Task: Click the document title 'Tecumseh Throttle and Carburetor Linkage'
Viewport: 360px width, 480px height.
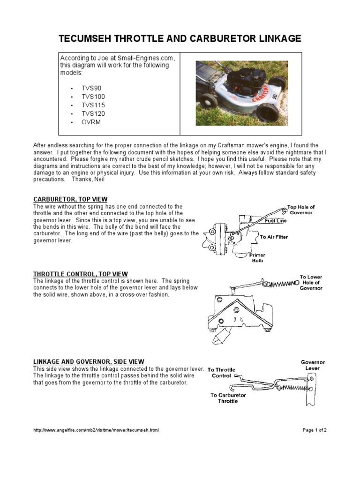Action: pyautogui.click(x=180, y=38)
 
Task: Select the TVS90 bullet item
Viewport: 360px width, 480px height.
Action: pyautogui.click(x=91, y=88)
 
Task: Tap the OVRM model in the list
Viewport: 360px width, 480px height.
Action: pyautogui.click(x=91, y=122)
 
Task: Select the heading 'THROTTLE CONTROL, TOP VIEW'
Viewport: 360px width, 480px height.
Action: pyautogui.click(x=80, y=274)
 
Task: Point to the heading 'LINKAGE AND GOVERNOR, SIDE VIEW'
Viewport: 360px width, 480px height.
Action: pyautogui.click(x=89, y=361)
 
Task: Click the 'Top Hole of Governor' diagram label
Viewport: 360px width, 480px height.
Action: pyautogui.click(x=301, y=210)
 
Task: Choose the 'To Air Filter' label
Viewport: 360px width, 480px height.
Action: pyautogui.click(x=274, y=237)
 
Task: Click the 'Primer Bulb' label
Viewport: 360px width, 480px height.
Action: pyautogui.click(x=258, y=257)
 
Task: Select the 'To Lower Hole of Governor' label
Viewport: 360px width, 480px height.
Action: pyautogui.click(x=311, y=283)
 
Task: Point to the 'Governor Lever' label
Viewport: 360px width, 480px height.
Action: pyautogui.click(x=313, y=365)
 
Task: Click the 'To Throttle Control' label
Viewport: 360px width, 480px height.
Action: pyautogui.click(x=221, y=373)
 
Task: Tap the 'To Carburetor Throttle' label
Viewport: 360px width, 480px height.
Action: pyautogui.click(x=228, y=398)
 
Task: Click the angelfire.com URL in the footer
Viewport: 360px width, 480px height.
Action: pyautogui.click(x=96, y=430)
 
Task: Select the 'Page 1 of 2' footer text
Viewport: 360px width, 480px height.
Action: pyautogui.click(x=315, y=430)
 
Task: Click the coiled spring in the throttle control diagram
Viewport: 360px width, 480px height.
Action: pyautogui.click(x=281, y=284)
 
